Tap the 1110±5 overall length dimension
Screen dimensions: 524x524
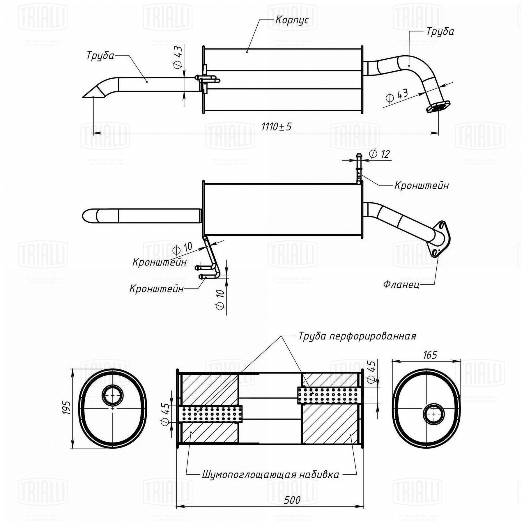276,127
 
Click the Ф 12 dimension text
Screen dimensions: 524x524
379,154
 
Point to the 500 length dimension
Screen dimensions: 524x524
292,500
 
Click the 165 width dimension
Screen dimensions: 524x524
430,355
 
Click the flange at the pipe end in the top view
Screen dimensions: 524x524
438,107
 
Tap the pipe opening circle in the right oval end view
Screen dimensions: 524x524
434,414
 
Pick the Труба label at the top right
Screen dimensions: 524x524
440,31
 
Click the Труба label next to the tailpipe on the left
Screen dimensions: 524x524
100,56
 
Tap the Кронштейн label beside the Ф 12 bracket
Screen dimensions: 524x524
421,185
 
